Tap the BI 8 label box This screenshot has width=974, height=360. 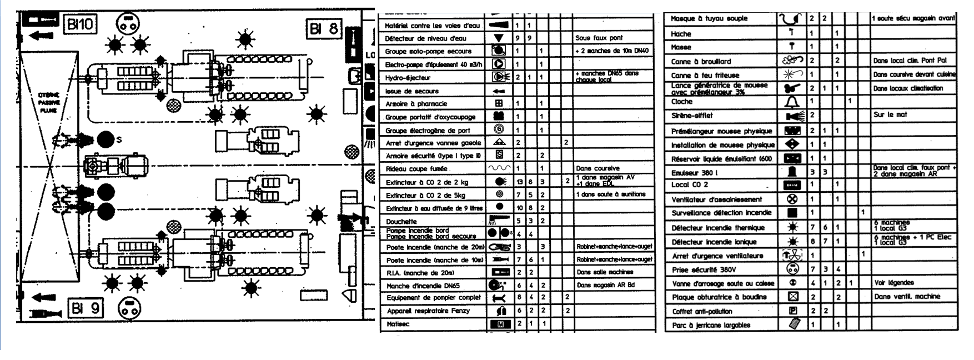[324, 28]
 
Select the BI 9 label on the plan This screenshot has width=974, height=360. [86, 307]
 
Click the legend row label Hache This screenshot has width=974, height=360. [681, 34]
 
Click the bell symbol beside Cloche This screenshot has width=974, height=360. [792, 102]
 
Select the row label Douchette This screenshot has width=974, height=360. [401, 221]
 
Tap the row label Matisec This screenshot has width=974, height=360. [398, 323]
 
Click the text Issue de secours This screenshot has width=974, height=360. [412, 91]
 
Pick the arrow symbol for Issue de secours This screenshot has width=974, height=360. [499, 91]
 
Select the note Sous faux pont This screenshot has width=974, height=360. [599, 38]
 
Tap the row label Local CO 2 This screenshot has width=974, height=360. [690, 184]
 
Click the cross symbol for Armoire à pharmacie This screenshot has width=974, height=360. [499, 103]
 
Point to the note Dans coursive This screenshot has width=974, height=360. [598, 168]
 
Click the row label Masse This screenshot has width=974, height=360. [681, 47]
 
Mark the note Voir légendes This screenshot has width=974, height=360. [893, 283]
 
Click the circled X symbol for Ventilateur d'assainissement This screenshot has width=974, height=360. [792, 199]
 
